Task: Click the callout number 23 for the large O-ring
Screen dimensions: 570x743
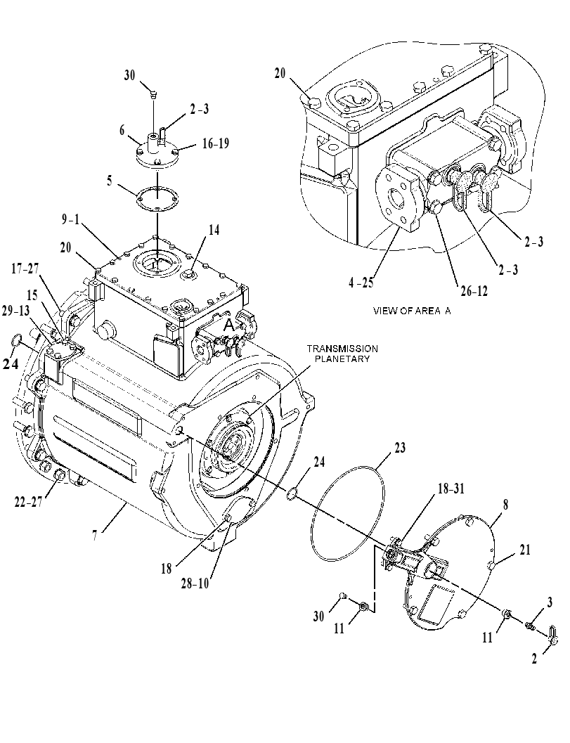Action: pos(400,448)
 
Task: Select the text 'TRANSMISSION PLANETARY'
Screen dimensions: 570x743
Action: pos(342,354)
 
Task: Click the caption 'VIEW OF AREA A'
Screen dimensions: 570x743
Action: pos(412,311)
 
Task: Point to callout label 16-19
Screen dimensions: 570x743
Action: pos(216,143)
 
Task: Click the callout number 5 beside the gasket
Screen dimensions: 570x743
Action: pos(110,181)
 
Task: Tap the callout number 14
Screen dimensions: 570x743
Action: pos(214,230)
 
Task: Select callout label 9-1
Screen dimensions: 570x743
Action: pos(70,219)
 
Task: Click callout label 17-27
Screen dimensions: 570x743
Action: pos(25,269)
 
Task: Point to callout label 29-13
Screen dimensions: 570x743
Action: pos(15,311)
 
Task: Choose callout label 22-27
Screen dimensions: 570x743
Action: pos(28,501)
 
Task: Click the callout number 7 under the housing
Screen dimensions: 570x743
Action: pos(95,535)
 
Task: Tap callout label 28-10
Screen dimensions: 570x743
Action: pos(194,583)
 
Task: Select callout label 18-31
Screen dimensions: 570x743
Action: pos(451,489)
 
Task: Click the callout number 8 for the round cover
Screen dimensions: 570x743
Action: pos(505,505)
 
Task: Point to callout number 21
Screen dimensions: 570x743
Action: pos(525,550)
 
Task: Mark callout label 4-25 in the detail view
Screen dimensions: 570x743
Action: pos(361,283)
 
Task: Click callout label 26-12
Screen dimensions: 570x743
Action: pos(474,291)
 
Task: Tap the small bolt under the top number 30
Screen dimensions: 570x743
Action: pos(153,95)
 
